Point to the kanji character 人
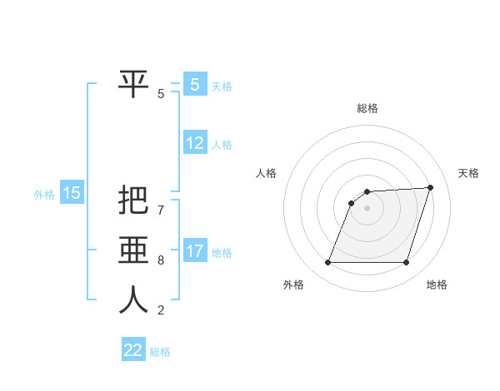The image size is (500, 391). [x=133, y=299]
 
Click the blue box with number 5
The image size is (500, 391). [x=195, y=84]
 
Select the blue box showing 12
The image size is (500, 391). [x=195, y=143]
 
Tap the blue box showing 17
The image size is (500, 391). [x=195, y=250]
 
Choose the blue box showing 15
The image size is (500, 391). [x=72, y=194]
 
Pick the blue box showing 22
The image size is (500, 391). [x=133, y=350]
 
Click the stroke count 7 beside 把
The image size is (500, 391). [x=161, y=211]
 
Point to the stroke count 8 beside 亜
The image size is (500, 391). [x=161, y=260]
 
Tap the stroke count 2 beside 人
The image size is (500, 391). [x=161, y=310]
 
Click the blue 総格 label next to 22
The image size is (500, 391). [x=160, y=352]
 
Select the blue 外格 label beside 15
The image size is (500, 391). [x=44, y=195]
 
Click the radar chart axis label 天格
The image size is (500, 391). [x=468, y=173]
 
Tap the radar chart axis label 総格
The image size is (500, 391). [x=367, y=108]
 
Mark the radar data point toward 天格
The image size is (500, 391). [x=431, y=187]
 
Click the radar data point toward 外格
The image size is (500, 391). [x=327, y=263]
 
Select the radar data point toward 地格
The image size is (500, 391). [x=406, y=263]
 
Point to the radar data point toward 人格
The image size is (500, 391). [x=352, y=203]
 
